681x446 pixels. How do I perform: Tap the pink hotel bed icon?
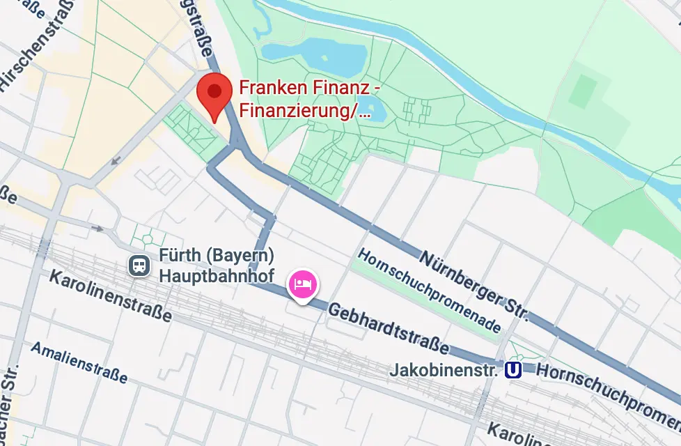click(303, 284)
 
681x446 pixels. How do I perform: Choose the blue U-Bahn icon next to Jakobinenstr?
click(512, 370)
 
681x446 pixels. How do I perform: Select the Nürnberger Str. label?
click(474, 286)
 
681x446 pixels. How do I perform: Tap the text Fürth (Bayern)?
click(215, 256)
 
